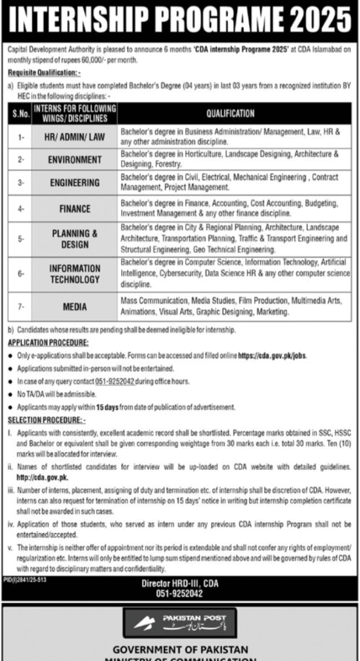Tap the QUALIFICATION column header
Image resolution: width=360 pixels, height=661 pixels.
[x=230, y=114]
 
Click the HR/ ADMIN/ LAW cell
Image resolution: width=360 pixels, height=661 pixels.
[x=75, y=136]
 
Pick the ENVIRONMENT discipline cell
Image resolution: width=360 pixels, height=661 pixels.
[x=75, y=159]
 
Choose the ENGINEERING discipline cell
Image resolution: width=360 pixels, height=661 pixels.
[x=75, y=183]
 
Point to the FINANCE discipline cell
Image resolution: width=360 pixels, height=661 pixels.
[x=75, y=209]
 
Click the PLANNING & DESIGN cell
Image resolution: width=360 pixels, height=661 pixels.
[x=75, y=239]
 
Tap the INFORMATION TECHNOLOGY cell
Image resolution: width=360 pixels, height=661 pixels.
[x=75, y=274]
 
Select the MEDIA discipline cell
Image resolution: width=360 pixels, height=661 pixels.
[x=75, y=307]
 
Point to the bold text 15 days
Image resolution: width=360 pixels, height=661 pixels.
[x=105, y=407]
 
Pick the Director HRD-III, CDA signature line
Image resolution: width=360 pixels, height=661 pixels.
[x=180, y=584]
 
